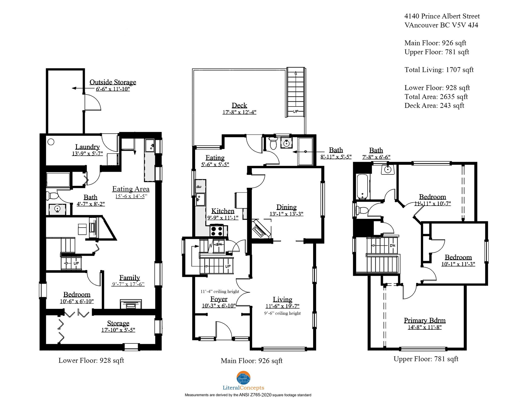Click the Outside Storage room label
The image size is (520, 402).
113,82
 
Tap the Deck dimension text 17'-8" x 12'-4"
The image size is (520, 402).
239,112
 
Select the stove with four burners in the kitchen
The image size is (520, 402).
217,231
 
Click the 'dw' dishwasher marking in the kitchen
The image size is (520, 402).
199,187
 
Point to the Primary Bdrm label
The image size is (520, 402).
425,320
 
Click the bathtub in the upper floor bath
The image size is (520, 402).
362,187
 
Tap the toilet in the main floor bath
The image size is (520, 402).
273,144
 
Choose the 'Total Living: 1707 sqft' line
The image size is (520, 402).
439,70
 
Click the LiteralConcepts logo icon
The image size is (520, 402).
243,378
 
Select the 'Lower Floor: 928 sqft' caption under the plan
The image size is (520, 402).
91,361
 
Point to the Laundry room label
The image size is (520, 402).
87,147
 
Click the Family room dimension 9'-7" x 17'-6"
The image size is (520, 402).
128,284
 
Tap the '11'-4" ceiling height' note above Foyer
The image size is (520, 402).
220,291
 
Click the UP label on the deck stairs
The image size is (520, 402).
295,111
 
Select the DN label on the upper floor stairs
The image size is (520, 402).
392,246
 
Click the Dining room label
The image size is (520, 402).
287,207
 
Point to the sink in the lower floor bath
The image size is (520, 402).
57,209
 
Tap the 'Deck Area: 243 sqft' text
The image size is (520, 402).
434,106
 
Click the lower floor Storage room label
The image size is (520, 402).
118,323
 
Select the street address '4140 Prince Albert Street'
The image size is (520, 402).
442,16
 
